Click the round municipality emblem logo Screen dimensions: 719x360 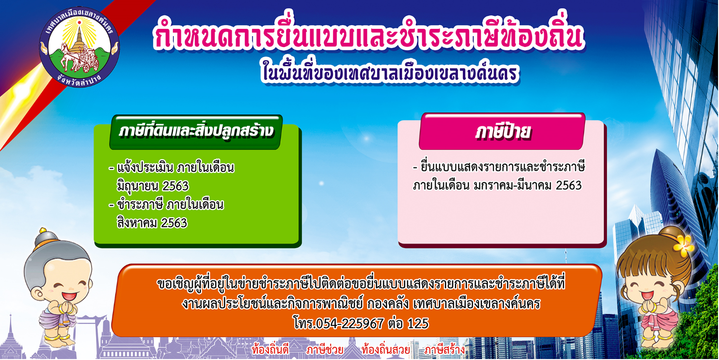click(79, 47)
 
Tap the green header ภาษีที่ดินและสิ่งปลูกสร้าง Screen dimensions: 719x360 click(196, 132)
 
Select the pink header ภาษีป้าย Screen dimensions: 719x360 click(502, 132)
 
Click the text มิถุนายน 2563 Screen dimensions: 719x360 click(153, 186)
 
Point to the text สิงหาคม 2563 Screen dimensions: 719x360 click(152, 223)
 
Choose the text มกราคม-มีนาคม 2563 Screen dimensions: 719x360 click(528, 185)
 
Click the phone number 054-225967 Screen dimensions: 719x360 click(350, 324)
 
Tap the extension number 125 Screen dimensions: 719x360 click(418, 324)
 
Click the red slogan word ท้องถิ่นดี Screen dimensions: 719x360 click(270, 350)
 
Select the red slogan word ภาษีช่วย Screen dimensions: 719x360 click(325, 350)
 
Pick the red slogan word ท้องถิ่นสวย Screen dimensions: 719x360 click(385, 350)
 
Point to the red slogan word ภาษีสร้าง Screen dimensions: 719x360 click(444, 350)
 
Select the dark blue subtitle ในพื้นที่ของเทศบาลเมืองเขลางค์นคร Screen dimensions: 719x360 click(390, 73)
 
